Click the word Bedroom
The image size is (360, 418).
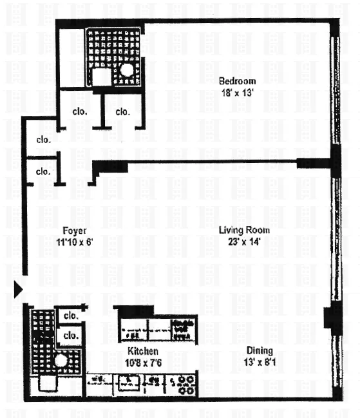(237, 81)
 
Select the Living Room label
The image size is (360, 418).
(243, 230)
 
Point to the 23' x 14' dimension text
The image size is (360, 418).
(243, 241)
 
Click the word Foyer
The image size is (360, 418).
(74, 231)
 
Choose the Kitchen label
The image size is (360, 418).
(142, 351)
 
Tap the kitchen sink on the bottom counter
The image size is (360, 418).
(128, 384)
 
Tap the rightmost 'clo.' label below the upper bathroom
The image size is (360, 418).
(123, 111)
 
